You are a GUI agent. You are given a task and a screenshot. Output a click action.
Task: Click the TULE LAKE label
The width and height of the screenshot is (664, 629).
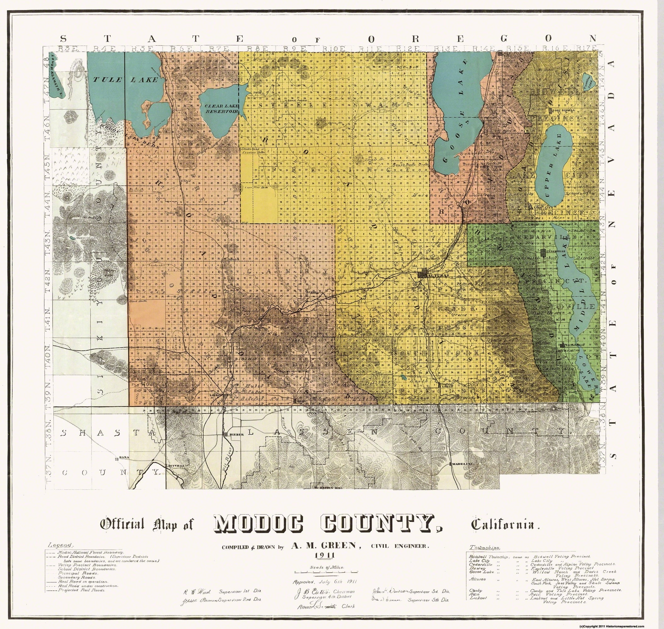[x=125, y=80]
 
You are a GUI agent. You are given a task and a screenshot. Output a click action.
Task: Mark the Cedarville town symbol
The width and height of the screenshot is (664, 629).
[x=543, y=251]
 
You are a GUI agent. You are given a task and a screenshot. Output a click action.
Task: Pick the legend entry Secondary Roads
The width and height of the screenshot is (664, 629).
[x=73, y=577]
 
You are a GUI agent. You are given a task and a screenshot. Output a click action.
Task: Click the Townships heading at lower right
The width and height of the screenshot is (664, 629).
[x=485, y=548]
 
